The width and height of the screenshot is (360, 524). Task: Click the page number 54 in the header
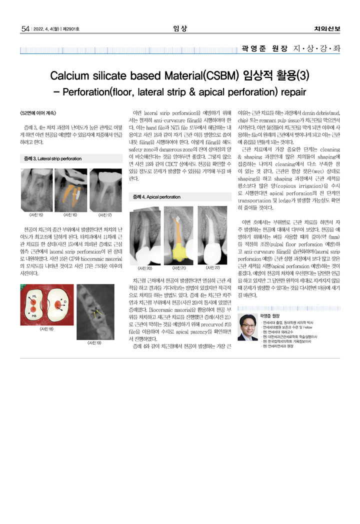tap(25, 28)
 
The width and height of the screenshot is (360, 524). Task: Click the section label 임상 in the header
tap(180, 28)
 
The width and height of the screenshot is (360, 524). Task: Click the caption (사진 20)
tap(143, 268)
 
